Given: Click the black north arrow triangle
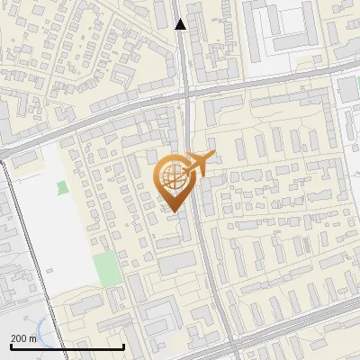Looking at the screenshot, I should pyautogui.click(x=180, y=23).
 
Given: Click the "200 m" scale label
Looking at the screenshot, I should pyautogui.click(x=23, y=337).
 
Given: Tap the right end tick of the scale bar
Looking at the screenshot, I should pyautogui.click(x=123, y=345).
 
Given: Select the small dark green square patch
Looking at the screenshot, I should pyautogui.click(x=62, y=187).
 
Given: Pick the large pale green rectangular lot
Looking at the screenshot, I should pyautogui.click(x=107, y=268).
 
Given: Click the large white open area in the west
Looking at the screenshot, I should pyautogui.click(x=45, y=234).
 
